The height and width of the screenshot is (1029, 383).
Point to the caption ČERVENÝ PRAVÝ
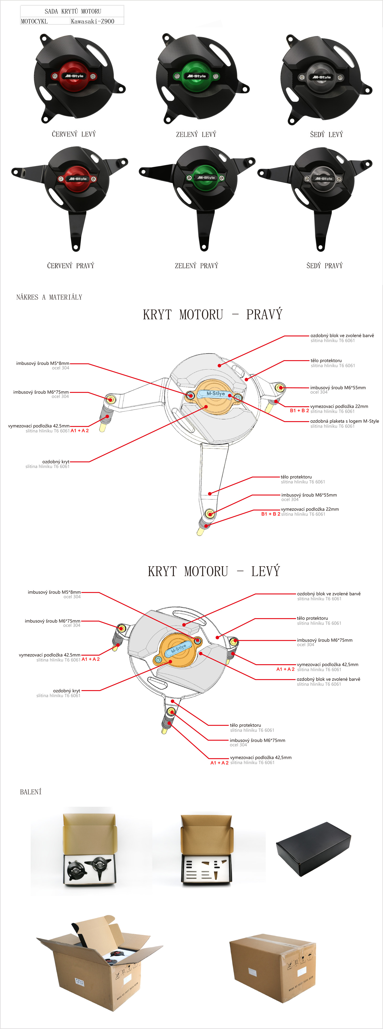[x=71, y=266]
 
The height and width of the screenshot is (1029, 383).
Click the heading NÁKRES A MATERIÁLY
[x=49, y=297]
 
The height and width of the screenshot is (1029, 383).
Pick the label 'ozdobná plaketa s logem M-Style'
[x=345, y=421]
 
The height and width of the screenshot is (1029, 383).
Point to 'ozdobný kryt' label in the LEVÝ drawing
[x=66, y=691]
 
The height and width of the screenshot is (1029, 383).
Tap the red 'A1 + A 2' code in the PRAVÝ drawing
[x=80, y=431]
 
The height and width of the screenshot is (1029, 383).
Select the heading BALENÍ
[x=31, y=792]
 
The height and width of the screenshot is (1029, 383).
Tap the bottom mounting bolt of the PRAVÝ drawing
[x=209, y=513]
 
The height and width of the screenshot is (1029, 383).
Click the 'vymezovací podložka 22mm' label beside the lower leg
[x=310, y=509]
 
